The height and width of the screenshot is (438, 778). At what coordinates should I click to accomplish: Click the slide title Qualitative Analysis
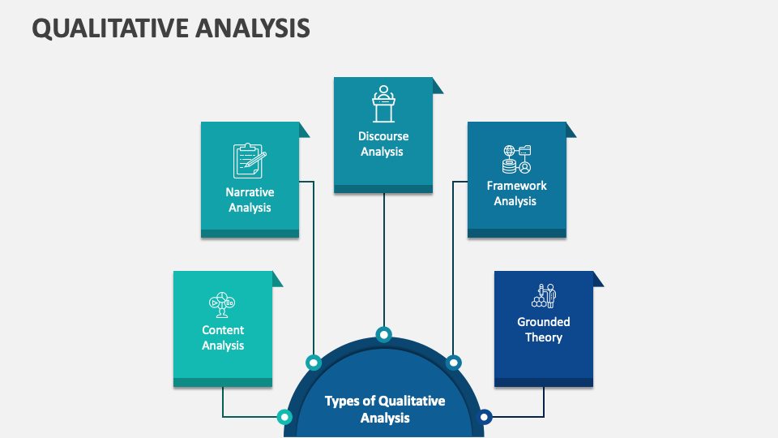171,28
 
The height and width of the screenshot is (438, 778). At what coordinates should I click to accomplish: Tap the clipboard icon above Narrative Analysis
250,161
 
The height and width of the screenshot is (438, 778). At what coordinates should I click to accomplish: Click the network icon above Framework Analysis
516,159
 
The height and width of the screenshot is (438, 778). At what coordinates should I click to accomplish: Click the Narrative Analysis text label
250,200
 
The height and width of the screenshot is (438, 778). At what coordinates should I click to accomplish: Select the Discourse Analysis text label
383,144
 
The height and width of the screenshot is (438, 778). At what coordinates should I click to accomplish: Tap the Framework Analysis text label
516,193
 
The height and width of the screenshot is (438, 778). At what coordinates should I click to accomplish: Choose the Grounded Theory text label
544,329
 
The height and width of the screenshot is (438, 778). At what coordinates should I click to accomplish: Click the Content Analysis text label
223,337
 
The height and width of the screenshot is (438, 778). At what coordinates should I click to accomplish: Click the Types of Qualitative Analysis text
384,410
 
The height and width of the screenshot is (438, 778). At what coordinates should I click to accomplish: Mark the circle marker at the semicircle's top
384,333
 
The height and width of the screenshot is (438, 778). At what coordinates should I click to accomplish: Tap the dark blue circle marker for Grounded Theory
485,417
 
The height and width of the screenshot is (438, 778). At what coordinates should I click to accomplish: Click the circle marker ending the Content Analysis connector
284,417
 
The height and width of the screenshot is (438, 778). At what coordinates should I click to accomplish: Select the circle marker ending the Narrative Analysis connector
313,362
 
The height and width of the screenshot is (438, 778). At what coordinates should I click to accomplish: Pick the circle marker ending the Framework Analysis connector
454,362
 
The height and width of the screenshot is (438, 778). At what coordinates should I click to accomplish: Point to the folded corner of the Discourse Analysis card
438,85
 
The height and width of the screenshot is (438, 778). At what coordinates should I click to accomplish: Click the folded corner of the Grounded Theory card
598,279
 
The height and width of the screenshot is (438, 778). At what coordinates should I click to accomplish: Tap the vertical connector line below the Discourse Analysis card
384,260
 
